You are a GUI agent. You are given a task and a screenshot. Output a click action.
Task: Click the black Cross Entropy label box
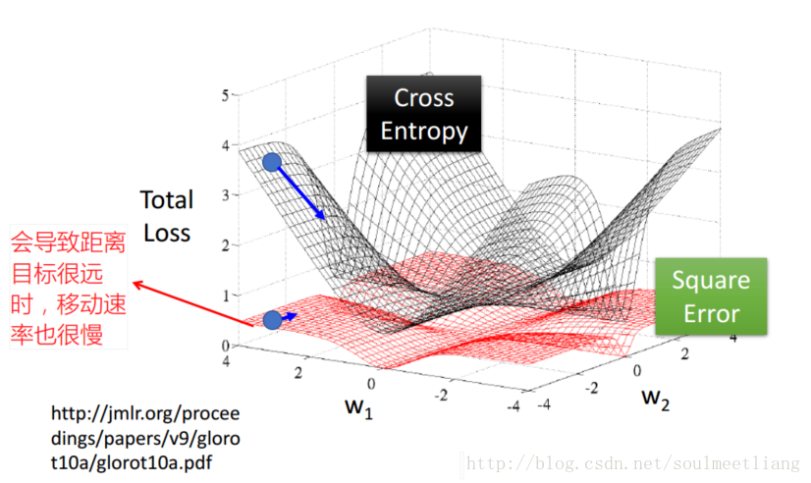[x=424, y=114]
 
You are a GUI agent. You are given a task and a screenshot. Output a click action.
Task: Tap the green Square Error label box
[x=711, y=296]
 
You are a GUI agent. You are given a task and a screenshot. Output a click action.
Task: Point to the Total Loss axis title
[x=166, y=216]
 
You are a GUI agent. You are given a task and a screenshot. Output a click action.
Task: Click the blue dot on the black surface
[x=272, y=162]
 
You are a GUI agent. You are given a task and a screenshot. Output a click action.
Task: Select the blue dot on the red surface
[x=272, y=320]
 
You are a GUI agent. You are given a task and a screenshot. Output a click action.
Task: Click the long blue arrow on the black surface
[x=301, y=191]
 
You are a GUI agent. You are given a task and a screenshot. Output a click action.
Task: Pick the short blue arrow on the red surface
[x=290, y=317]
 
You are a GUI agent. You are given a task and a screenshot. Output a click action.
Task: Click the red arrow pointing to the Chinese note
[x=191, y=304]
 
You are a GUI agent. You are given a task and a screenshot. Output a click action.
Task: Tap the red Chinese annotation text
[x=68, y=288]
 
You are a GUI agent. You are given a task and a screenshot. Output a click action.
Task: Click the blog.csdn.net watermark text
[x=634, y=462]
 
